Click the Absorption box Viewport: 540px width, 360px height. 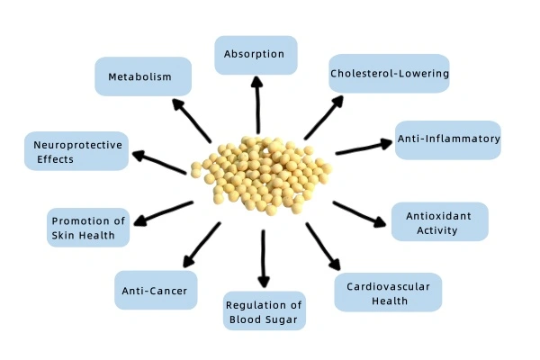pos(256,55)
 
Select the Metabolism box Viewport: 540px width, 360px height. pos(143,76)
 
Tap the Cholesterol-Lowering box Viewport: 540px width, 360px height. pos(389,73)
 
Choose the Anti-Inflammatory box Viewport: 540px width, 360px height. pos(448,139)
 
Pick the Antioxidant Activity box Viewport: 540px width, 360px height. pos(439,221)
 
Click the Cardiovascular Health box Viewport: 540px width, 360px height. pos(388,292)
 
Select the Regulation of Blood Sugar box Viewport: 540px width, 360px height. pos(265,310)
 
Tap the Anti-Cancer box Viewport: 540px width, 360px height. pos(155,290)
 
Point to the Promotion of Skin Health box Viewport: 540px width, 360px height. pos(88,228)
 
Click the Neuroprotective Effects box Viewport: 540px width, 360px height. pos(75,151)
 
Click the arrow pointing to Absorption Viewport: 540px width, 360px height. pos(258,106)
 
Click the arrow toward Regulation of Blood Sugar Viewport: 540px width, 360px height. pos(263,258)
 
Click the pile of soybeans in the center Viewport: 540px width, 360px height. pos(261,175)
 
